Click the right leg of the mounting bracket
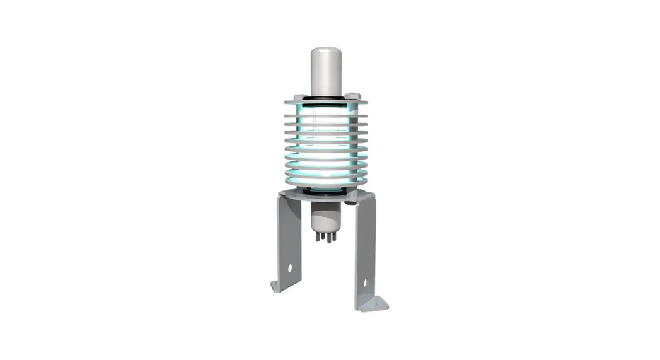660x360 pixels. tap(365, 252)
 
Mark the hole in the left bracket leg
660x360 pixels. tap(291, 267)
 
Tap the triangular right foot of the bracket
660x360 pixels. tap(378, 303)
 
